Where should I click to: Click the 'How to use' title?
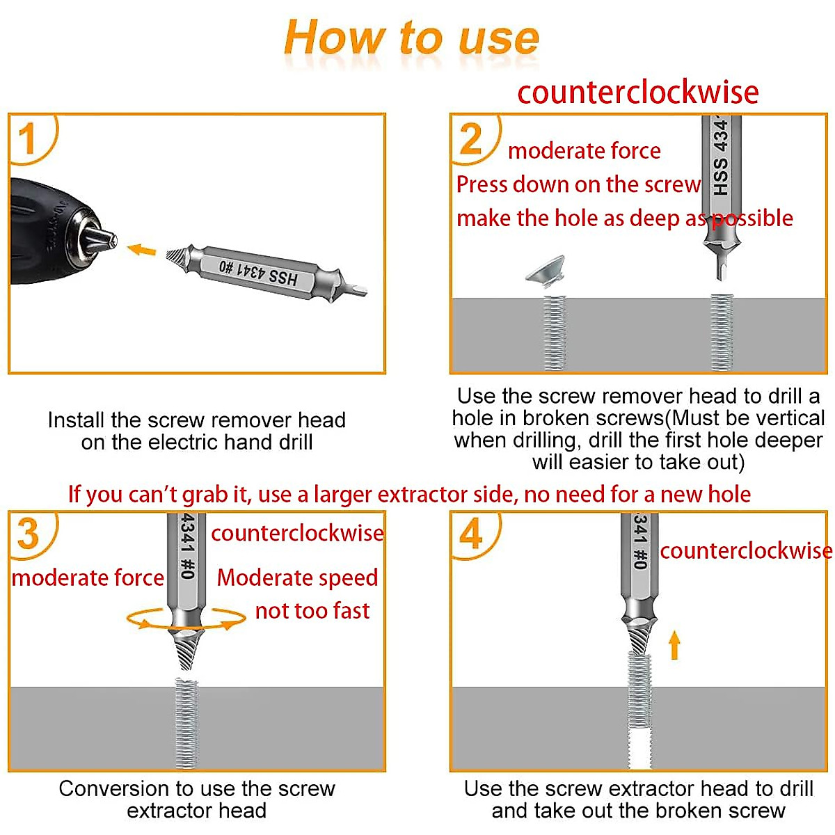(411, 38)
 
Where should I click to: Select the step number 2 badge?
(471, 138)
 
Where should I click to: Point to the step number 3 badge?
(29, 534)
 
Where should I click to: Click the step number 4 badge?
(471, 534)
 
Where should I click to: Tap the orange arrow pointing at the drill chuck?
(142, 249)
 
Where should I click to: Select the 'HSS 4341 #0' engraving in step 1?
(258, 272)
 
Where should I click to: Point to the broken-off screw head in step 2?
(546, 271)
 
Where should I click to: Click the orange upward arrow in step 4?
(674, 644)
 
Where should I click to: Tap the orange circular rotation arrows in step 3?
(186, 619)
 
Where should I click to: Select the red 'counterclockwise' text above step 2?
(637, 93)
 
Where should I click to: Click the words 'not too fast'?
(312, 611)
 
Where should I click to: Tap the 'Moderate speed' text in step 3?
(297, 578)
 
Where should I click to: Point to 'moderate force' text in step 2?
(584, 150)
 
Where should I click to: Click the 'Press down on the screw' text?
(578, 184)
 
